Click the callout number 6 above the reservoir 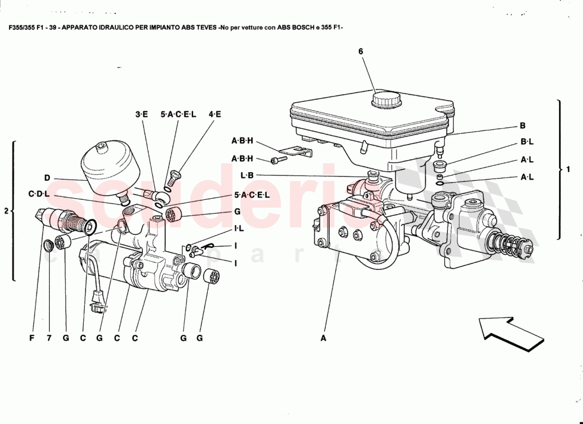pos(360,51)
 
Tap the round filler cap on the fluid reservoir pos(386,100)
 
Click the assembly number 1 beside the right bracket pos(568,170)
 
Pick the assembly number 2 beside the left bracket pos(6,211)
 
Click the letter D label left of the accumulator pos(47,178)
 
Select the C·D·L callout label pos(39,195)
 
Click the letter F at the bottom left pos(31,337)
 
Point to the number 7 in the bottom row pos(49,337)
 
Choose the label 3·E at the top pos(141,114)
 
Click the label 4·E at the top pos(215,114)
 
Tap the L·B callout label pos(248,175)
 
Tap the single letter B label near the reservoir pos(523,126)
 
